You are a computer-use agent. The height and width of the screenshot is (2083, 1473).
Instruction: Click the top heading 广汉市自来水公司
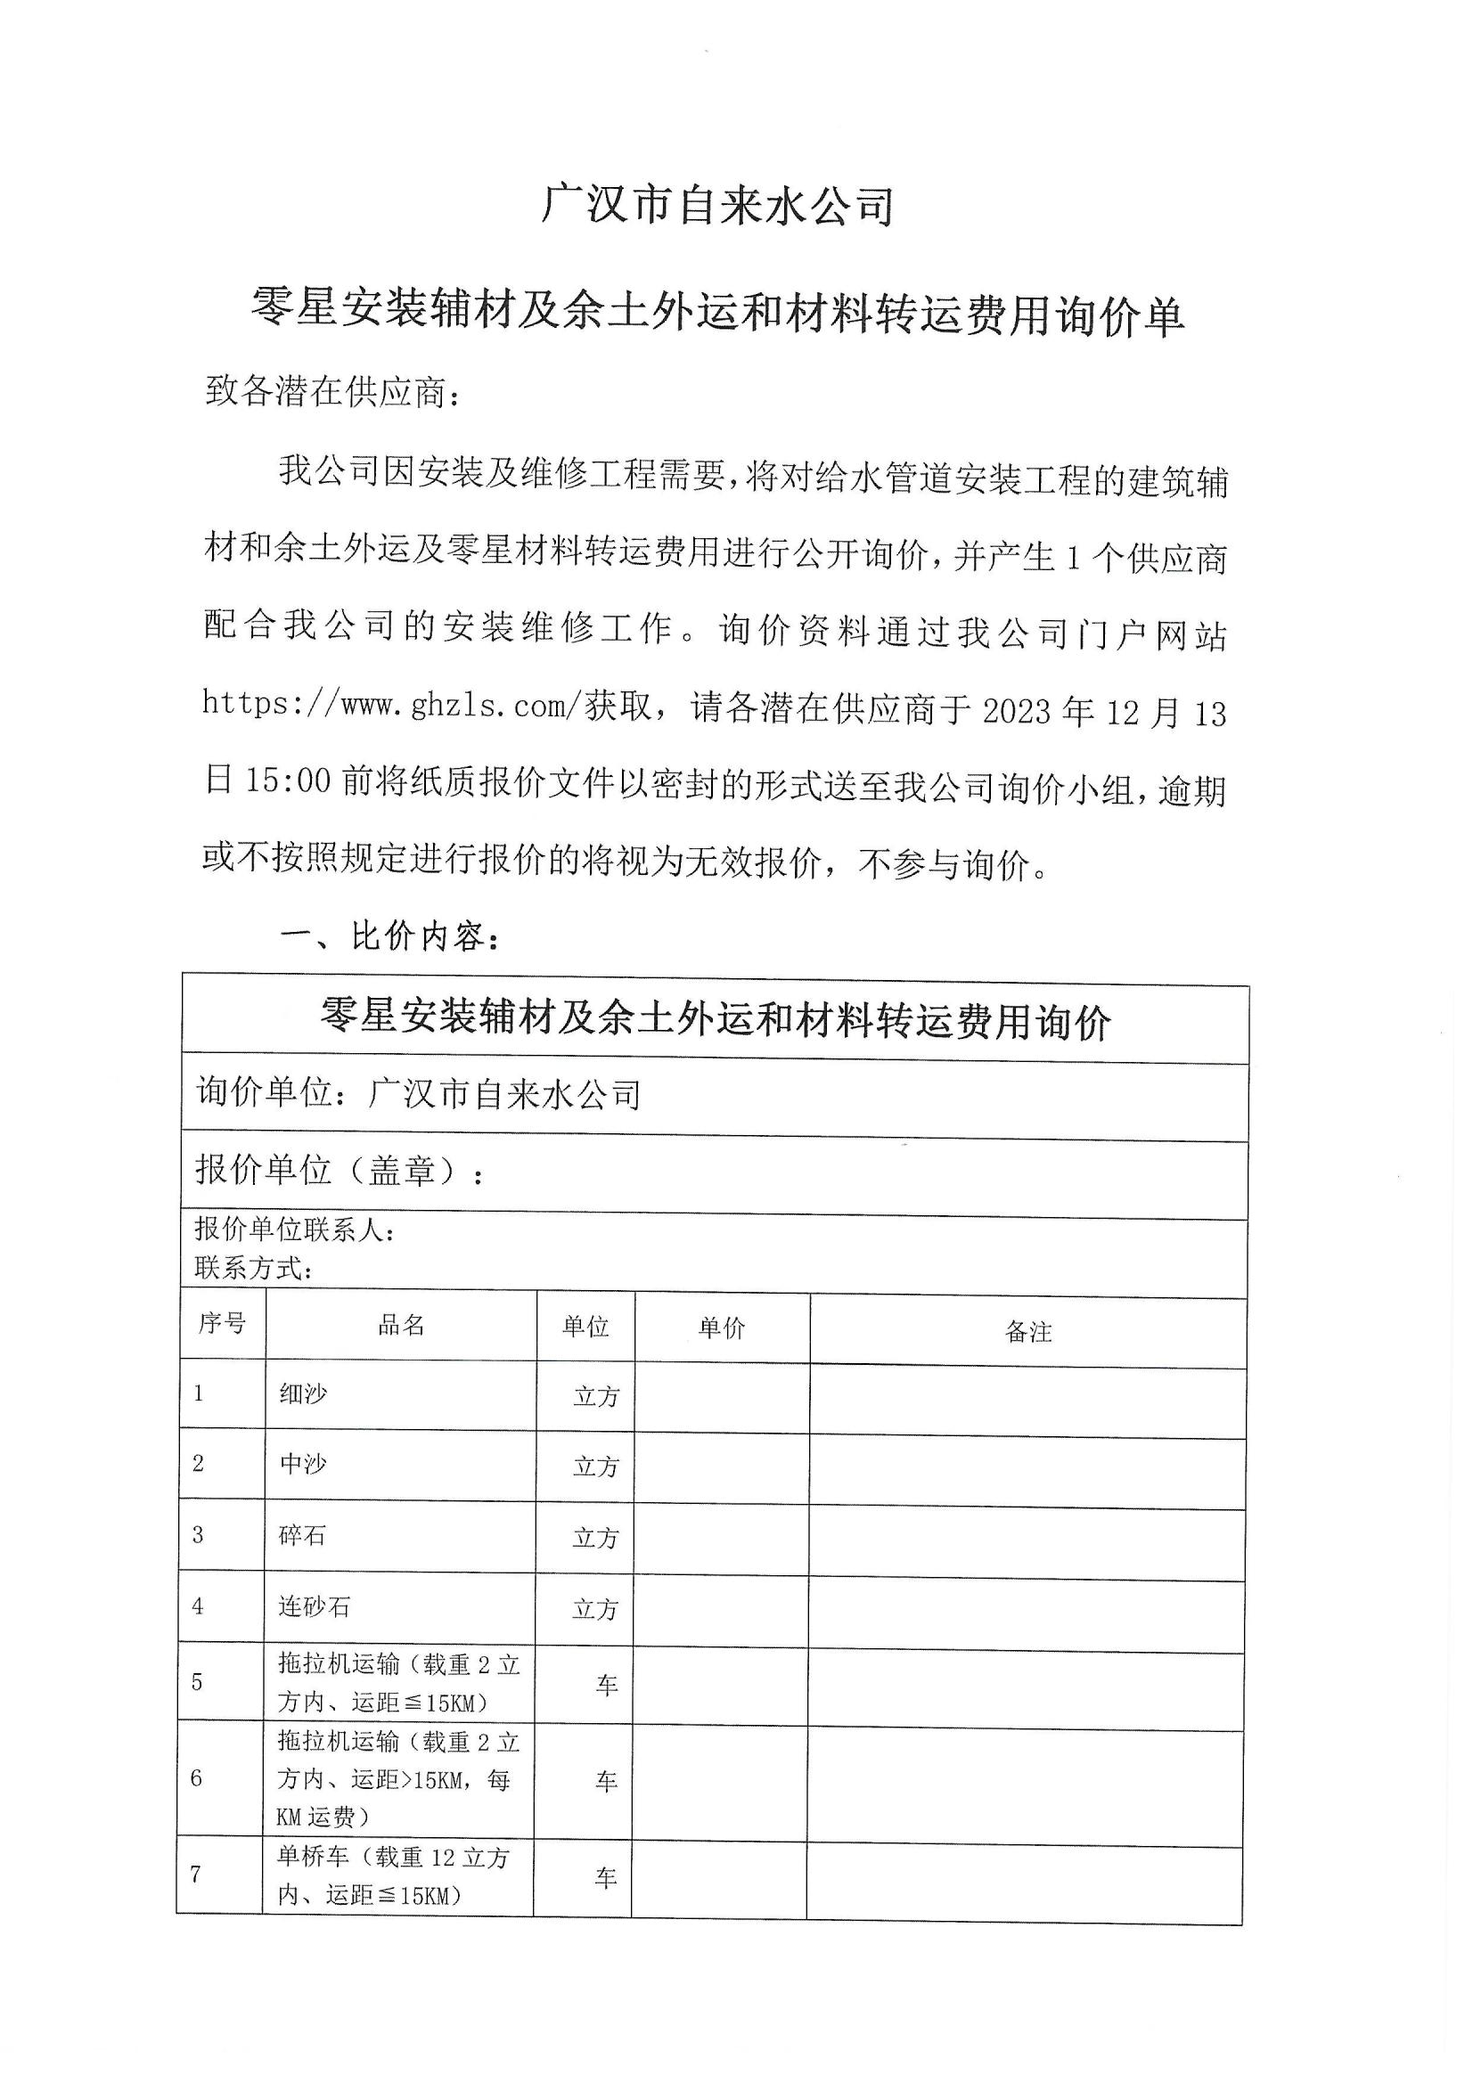click(x=718, y=206)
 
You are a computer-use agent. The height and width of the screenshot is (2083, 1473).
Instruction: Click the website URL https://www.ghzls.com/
click(x=390, y=705)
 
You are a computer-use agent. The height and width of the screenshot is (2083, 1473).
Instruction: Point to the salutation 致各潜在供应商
click(x=332, y=393)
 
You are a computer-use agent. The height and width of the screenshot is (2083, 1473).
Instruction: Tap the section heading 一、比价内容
click(x=390, y=936)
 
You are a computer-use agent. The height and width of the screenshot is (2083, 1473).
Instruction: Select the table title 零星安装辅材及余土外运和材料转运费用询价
click(x=716, y=1022)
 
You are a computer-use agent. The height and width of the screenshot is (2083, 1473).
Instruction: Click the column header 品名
click(x=401, y=1326)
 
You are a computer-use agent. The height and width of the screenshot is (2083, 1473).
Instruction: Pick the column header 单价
click(x=722, y=1328)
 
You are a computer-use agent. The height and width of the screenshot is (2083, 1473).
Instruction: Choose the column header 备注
click(x=1028, y=1332)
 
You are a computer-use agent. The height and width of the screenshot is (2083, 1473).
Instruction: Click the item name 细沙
click(x=303, y=1393)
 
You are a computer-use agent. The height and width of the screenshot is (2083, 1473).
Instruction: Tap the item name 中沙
click(x=303, y=1464)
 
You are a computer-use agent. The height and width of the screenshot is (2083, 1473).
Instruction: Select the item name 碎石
click(x=302, y=1535)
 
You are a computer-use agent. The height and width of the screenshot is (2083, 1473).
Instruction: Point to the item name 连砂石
click(x=314, y=1606)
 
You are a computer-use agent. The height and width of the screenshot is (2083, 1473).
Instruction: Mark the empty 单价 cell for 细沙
click(x=722, y=1397)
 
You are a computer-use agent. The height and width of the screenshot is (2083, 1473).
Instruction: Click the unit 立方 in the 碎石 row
click(x=595, y=1538)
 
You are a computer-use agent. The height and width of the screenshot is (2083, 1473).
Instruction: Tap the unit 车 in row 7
click(x=605, y=1877)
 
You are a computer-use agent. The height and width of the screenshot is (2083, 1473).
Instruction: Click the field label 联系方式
click(x=253, y=1268)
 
